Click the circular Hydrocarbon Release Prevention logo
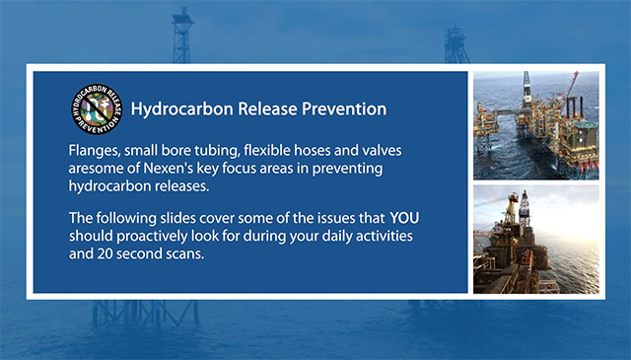point(98,108)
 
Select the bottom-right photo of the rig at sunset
point(535,239)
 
